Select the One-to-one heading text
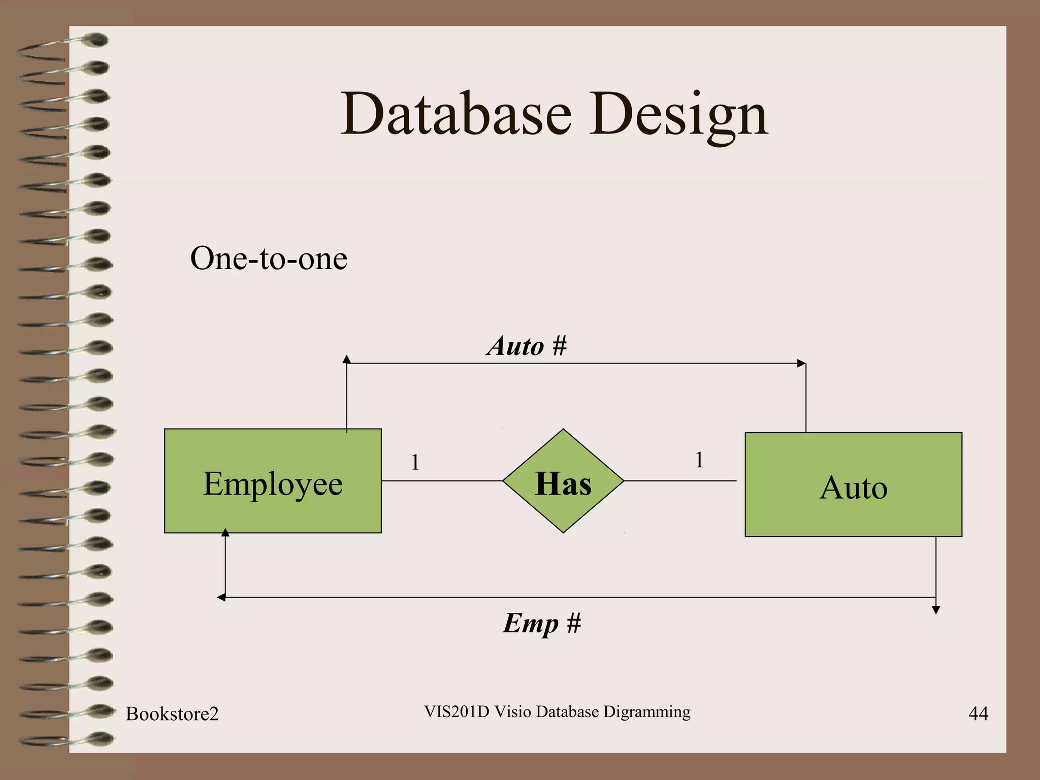(269, 258)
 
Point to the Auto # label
(527, 346)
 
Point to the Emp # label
(542, 623)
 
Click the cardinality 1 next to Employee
(415, 462)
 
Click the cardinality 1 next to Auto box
(699, 460)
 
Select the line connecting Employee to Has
(442, 480)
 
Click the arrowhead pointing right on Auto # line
(801, 363)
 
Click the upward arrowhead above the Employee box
(346, 360)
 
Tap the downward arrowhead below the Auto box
(936, 610)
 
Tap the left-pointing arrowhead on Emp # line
(221, 597)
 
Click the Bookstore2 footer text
(172, 713)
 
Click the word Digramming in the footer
(646, 712)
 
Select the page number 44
(978, 713)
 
